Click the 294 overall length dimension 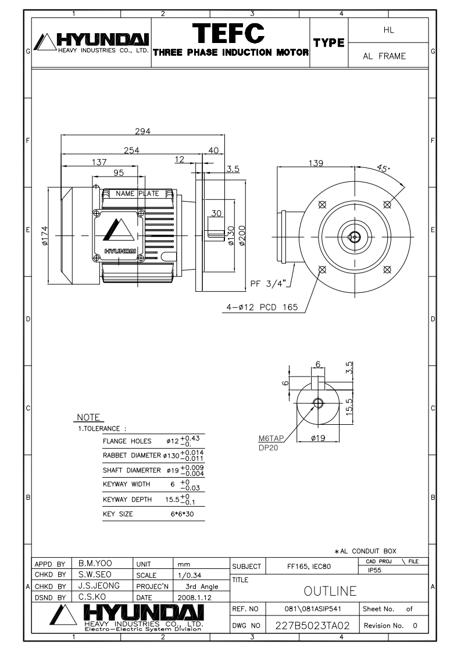(x=142, y=131)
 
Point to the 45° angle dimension (x=383, y=169)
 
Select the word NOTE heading (x=89, y=418)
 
